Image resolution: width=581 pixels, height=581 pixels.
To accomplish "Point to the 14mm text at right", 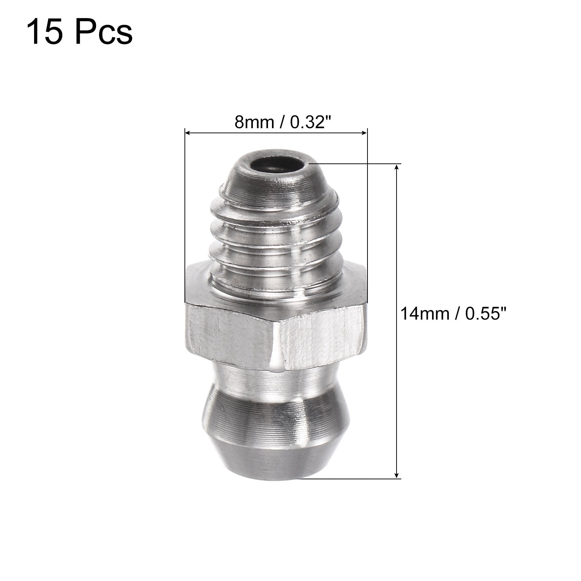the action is point(424,313).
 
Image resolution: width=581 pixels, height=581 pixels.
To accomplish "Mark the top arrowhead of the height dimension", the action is point(397,167).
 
